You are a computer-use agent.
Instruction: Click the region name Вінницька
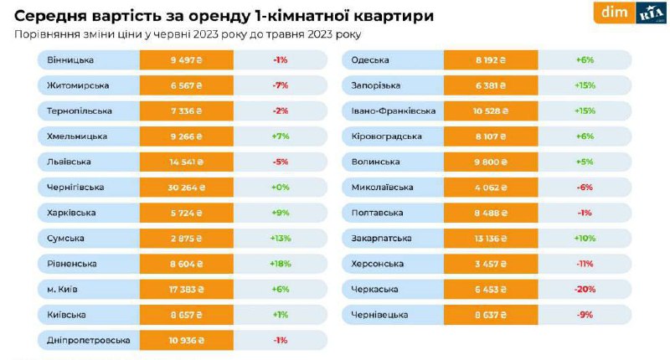(x=71, y=60)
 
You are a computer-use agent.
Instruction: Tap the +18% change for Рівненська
(x=281, y=264)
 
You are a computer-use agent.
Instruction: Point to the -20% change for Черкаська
(x=585, y=289)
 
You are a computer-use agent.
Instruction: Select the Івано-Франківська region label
(x=400, y=111)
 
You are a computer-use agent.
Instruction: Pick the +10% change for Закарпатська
(x=585, y=239)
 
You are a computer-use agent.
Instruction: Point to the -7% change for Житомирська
(x=281, y=85)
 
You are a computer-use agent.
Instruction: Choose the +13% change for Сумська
(x=281, y=239)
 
